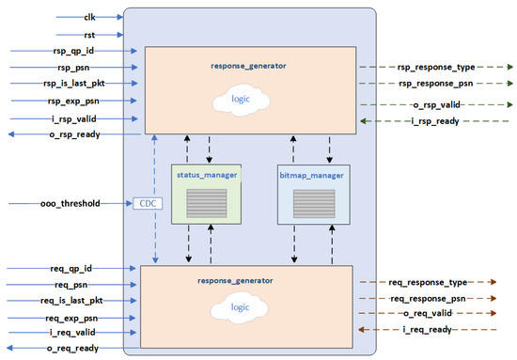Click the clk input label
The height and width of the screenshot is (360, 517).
[x=90, y=16]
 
